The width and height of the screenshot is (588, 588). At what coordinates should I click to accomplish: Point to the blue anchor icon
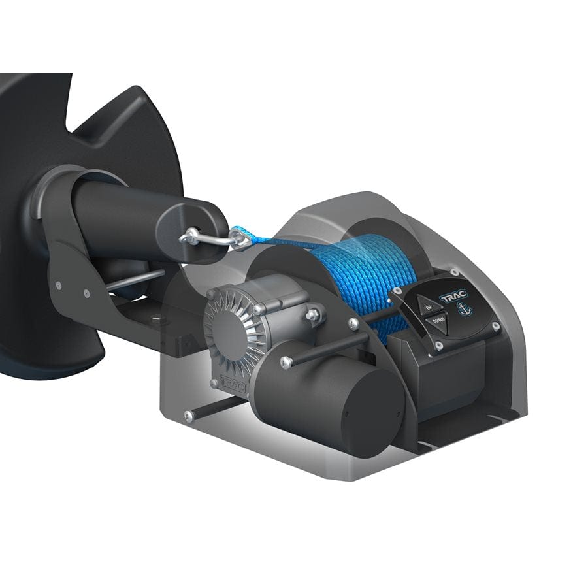(x=465, y=309)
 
